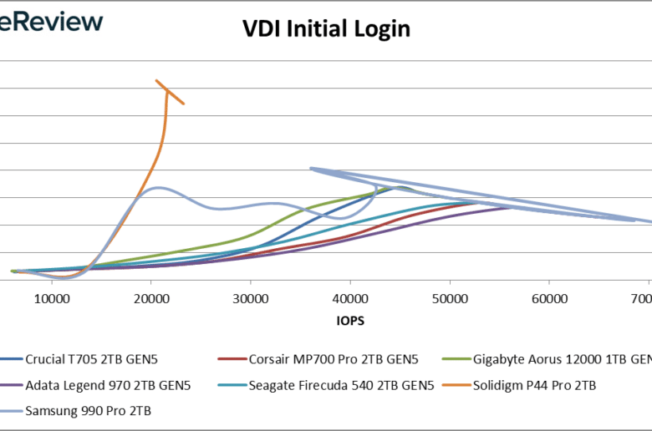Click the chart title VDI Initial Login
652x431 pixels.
click(326, 29)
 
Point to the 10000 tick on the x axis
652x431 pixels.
click(52, 298)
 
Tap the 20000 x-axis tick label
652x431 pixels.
click(151, 298)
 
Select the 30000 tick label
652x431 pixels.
click(251, 298)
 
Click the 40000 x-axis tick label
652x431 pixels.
click(350, 298)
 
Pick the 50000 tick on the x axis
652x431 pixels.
click(450, 298)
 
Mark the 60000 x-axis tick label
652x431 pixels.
click(549, 298)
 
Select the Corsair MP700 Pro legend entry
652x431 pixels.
click(332, 360)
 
